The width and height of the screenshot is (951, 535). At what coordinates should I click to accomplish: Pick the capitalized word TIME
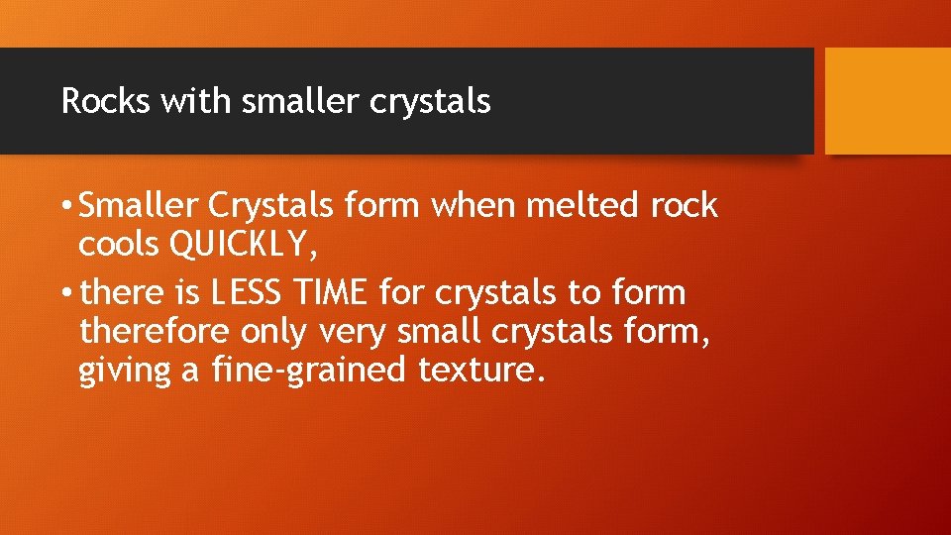click(340, 293)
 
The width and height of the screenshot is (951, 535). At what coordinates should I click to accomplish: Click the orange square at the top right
click(888, 100)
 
